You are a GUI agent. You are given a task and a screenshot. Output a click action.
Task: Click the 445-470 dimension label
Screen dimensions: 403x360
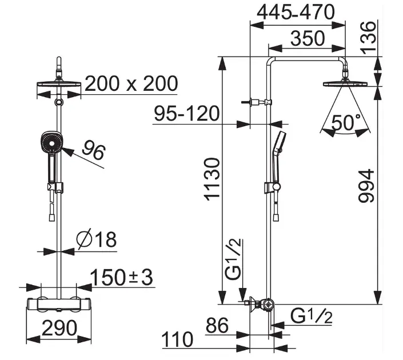pyautogui.click(x=296, y=13)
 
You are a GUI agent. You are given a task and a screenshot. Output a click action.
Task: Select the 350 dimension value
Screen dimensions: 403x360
pyautogui.click(x=308, y=38)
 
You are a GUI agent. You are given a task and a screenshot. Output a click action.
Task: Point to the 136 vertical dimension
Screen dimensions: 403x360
pyautogui.click(x=369, y=38)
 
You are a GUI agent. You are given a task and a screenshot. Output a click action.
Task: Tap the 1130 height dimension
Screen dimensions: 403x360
pyautogui.click(x=212, y=179)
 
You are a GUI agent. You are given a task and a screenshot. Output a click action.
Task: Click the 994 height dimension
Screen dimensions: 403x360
pyautogui.click(x=366, y=186)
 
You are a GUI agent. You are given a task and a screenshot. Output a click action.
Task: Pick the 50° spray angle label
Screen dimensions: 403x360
pyautogui.click(x=346, y=123)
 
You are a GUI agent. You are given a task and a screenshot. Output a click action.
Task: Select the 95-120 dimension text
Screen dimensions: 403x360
pyautogui.click(x=187, y=113)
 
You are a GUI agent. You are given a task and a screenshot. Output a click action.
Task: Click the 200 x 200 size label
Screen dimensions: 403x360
pyautogui.click(x=131, y=83)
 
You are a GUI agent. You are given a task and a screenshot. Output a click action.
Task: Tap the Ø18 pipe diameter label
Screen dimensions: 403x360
pyautogui.click(x=97, y=239)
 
